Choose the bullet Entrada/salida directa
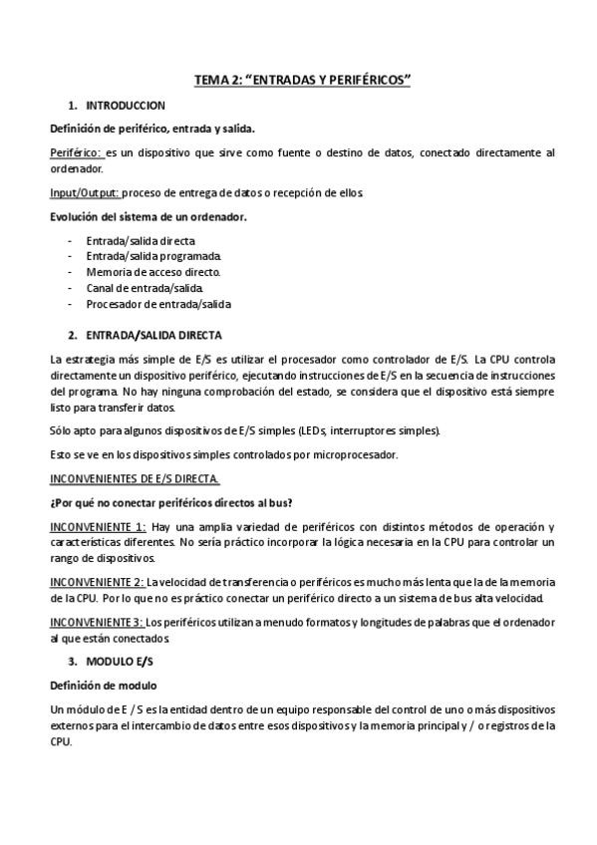141,241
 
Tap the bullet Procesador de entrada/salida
158,304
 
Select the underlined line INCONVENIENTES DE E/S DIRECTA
128,478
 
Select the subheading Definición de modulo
103,686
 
